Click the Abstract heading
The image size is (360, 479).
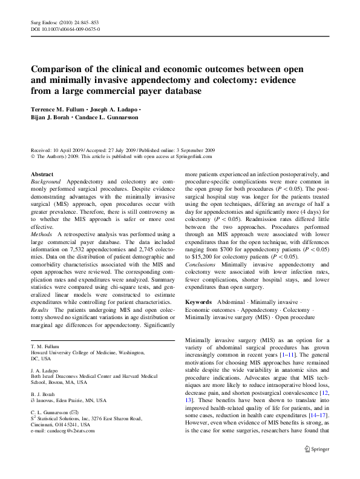[x=42, y=174]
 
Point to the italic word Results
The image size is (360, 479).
[x=41, y=309]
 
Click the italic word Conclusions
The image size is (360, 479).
[x=202, y=264]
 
